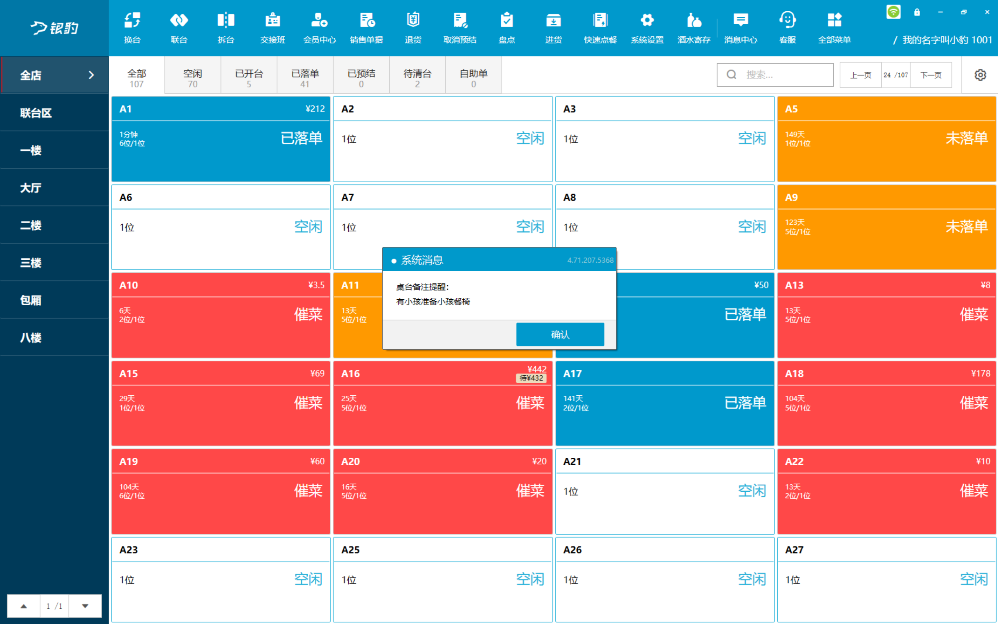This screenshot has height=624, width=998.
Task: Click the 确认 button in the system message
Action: coord(560,334)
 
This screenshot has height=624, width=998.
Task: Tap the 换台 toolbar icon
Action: coord(132,20)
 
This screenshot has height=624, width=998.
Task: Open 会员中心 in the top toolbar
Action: coord(319,20)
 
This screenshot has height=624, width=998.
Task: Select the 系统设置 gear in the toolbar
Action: coord(647,20)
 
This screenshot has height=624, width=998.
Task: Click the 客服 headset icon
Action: coord(787,20)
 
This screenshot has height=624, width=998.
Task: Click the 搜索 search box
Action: coord(775,75)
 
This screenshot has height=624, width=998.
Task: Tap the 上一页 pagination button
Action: coord(861,75)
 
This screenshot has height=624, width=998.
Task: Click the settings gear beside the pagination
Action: coord(980,75)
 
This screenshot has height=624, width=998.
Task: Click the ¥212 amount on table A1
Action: coord(315,109)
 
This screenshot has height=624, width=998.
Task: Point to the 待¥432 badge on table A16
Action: coord(531,378)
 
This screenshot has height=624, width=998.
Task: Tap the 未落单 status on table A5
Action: coord(967,138)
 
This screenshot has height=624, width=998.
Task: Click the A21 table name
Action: coord(572,461)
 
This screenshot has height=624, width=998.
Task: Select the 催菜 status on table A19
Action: coord(308,491)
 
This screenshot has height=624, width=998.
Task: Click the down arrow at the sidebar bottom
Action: coord(85,606)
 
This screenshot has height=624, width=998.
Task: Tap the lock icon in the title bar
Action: coord(917,12)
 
